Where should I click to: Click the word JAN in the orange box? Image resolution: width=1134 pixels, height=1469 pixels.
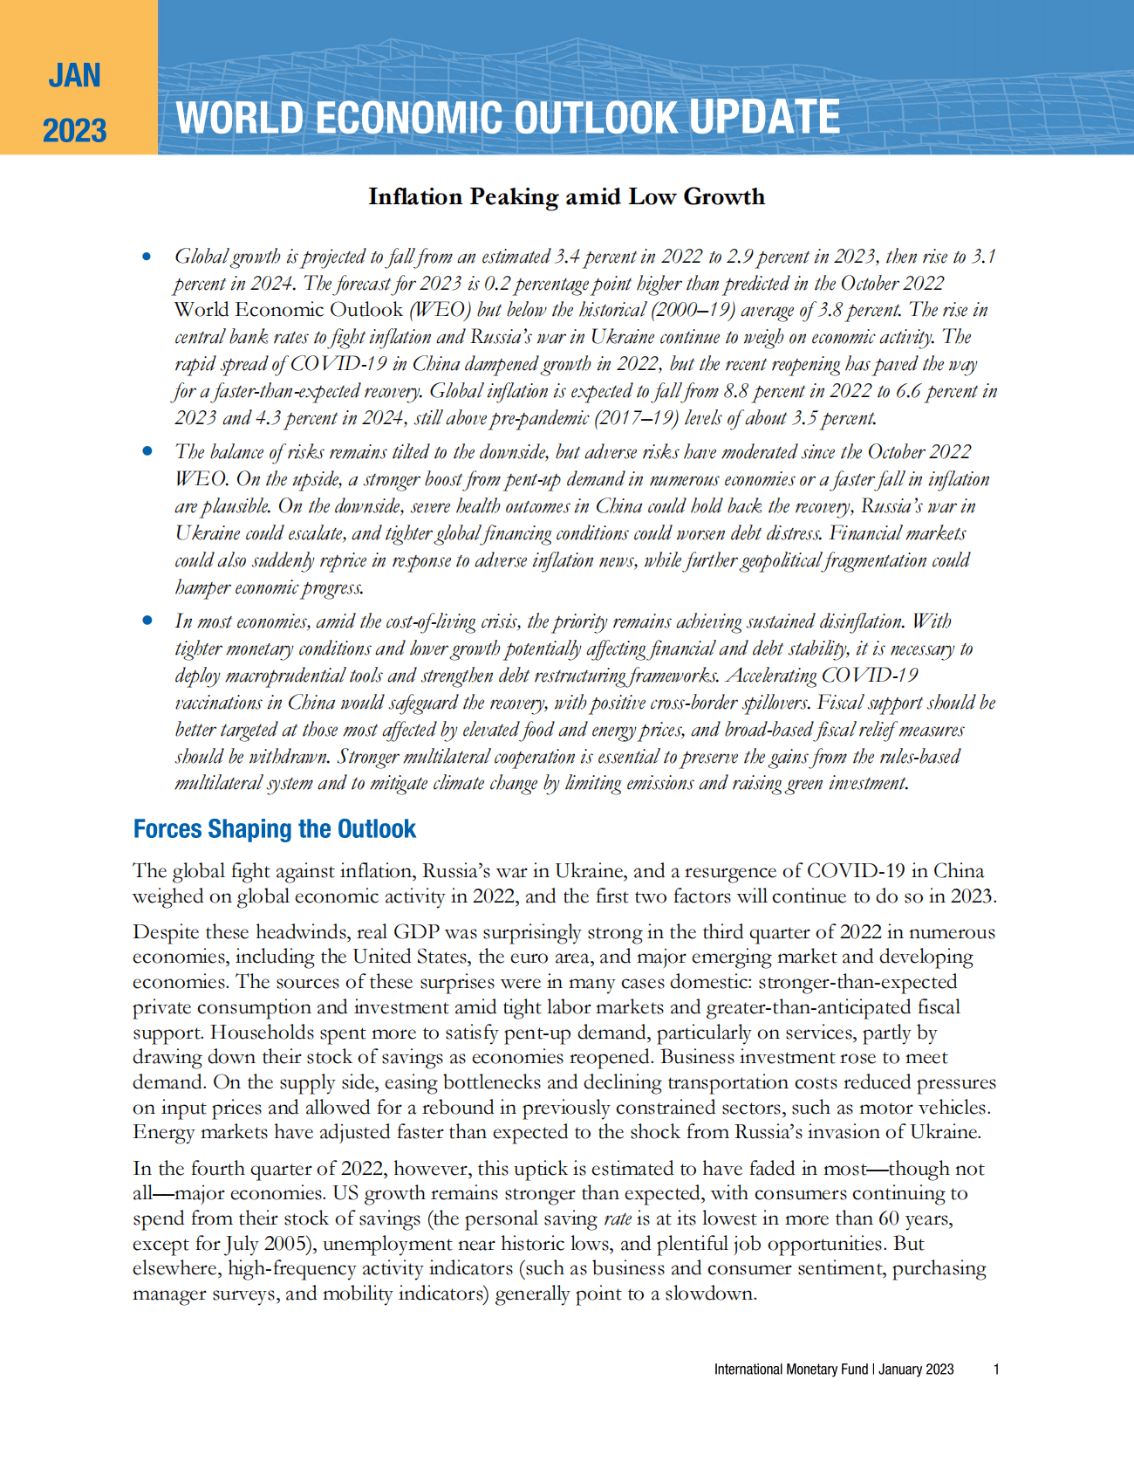pos(74,76)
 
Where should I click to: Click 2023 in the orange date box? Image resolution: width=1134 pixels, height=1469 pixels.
pos(74,131)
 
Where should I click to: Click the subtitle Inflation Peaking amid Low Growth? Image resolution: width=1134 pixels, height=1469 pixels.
pos(566,196)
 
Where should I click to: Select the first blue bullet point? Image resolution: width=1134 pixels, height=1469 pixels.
pos(147,257)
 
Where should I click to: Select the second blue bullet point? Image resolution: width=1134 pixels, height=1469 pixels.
pos(147,451)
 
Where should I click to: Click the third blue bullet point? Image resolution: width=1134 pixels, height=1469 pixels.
pos(147,621)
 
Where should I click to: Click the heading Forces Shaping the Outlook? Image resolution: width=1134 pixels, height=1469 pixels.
pos(274,829)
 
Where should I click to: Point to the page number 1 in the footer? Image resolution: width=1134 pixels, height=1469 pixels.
pos(996,1369)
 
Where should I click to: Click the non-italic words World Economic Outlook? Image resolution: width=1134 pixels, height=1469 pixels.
pos(288,310)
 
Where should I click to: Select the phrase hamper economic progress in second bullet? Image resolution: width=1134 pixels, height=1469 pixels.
pos(268,587)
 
